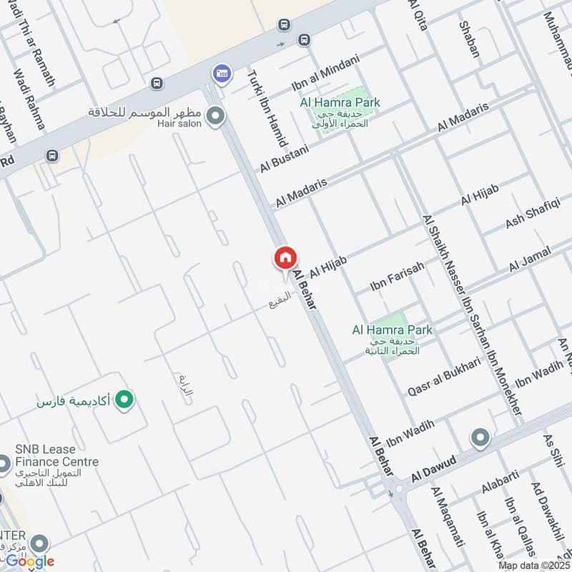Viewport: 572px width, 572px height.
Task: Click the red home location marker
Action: [x=285, y=258]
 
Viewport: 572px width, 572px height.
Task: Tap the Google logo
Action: [x=29, y=561]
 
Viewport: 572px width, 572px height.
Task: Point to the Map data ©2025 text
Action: [x=534, y=565]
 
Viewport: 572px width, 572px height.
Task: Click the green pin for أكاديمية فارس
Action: [x=125, y=400]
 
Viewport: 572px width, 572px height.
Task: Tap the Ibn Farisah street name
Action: [x=397, y=276]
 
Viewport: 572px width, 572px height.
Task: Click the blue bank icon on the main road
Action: [x=221, y=73]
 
